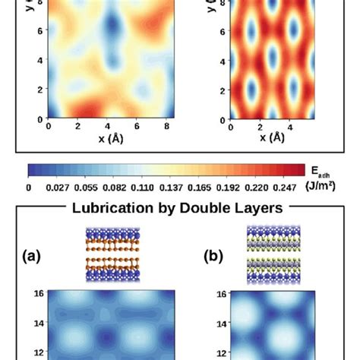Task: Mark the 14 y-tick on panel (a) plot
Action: pyautogui.click(x=37, y=323)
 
